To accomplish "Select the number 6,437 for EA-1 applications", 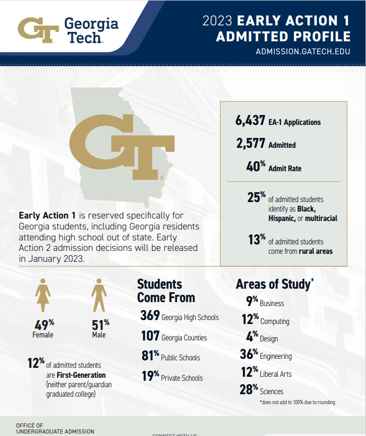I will pos(251,121).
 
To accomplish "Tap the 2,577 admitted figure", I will pos(251,144).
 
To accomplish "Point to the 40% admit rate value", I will pos(256,167).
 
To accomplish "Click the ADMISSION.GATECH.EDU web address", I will pos(303,52).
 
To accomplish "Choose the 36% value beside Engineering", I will pos(248,355).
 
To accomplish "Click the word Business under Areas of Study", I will pos(272,304).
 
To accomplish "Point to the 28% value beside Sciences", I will pos(248,390).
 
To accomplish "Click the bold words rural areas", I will pos(316,251).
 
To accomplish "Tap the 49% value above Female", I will pos(44,325).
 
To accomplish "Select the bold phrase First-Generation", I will pos(81,375).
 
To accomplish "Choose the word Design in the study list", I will pos(269,339).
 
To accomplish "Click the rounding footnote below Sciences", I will pos(297,402).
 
